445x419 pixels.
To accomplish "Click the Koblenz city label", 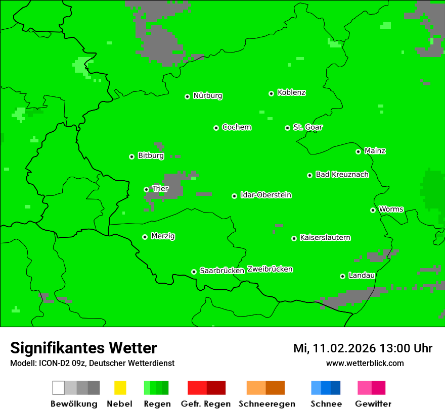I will coord(291,92).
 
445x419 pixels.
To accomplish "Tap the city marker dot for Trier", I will coord(146,189).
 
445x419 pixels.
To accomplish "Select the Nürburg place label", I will coord(207,95).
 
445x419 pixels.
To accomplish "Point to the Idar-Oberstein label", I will coord(266,195).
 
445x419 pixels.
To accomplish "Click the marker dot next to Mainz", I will coord(358,151).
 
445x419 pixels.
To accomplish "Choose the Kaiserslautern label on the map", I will coord(325,237).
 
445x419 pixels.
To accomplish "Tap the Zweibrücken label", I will coord(270,269).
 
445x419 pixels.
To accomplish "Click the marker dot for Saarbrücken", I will coord(194,272).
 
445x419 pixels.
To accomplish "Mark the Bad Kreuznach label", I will coord(342,174).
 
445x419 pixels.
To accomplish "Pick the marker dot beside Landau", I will coord(342,276).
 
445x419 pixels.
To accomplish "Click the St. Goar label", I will coord(307,127).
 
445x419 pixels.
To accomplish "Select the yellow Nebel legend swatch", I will coord(120,388).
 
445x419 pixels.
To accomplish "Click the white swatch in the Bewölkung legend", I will coord(58,388).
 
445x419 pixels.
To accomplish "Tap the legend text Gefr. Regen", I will coord(206,404).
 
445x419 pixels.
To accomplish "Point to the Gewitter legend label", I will coord(373,404).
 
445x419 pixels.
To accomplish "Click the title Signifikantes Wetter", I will coord(83,348).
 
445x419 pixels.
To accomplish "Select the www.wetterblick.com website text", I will coord(365,363).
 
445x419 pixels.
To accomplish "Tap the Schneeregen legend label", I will coord(266,404).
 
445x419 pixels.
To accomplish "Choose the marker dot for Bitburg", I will coord(131,156).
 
